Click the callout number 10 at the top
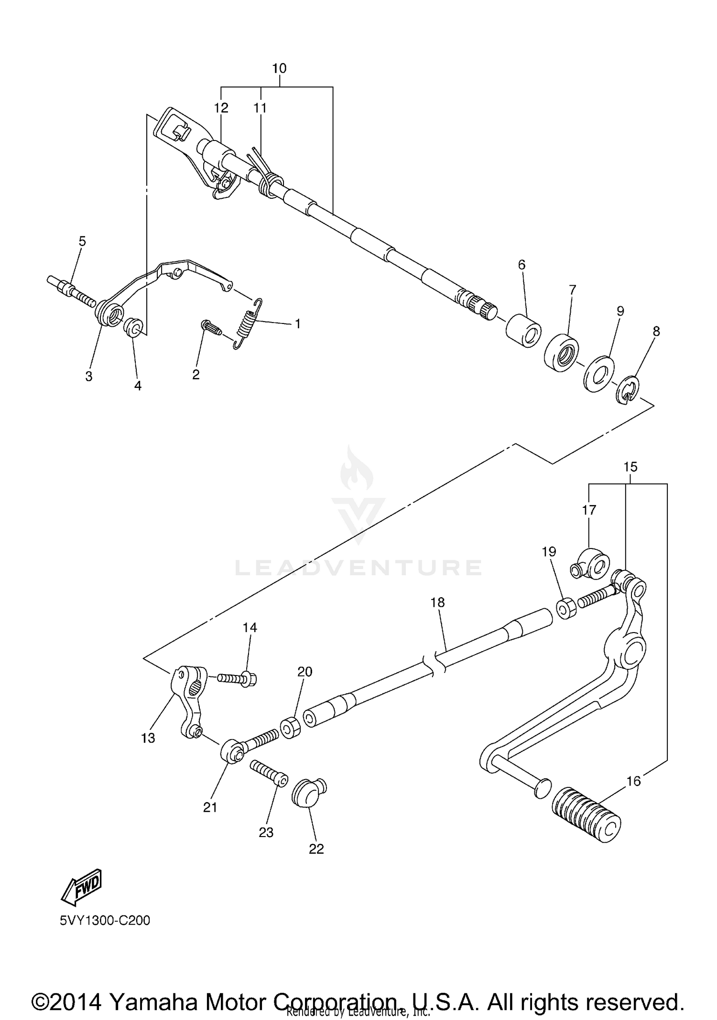[x=279, y=68]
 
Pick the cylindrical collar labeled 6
[x=523, y=330]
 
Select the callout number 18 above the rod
[x=437, y=602]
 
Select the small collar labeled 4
[x=133, y=328]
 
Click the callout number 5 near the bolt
[x=82, y=241]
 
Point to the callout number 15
[x=630, y=467]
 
